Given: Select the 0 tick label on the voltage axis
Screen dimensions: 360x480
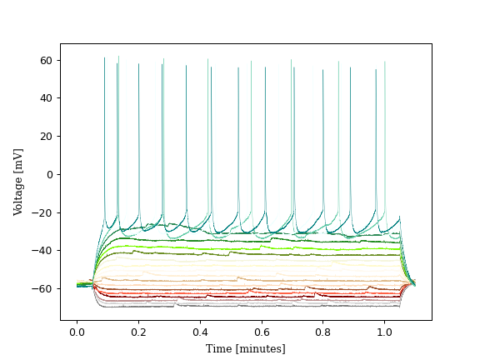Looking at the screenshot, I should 50,174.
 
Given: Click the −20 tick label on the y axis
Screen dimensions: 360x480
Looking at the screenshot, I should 45,212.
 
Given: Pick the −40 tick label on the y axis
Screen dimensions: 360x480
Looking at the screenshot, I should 45,250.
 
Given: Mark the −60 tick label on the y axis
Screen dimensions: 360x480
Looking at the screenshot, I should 45,288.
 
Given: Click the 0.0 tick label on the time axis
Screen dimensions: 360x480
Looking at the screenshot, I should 77,331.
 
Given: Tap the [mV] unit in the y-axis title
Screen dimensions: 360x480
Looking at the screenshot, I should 18,157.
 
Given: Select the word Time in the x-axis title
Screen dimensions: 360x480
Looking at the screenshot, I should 219,348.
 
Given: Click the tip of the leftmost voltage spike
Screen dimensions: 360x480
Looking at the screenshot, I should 104,58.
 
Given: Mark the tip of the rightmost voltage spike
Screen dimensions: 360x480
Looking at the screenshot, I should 384,62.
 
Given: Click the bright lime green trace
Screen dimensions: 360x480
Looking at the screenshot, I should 250,247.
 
